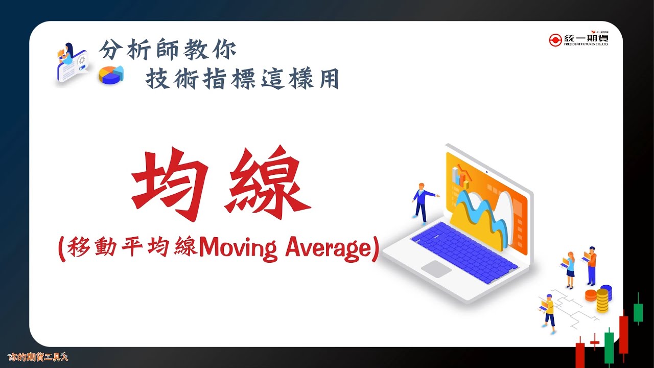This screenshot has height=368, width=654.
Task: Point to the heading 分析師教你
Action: click(168, 50)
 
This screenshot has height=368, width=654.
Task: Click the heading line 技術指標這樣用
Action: click(242, 79)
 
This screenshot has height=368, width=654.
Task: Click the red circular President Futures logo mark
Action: click(555, 40)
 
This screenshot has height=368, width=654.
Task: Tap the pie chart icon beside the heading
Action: click(111, 75)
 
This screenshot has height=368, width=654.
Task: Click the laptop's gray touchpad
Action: click(435, 268)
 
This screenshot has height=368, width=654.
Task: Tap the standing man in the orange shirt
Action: click(591, 265)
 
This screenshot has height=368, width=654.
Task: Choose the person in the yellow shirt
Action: click(549, 312)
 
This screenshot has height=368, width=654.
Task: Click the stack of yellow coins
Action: click(603, 300)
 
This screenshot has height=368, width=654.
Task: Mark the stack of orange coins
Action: click(591, 295)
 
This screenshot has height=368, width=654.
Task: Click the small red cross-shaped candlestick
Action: click(594, 341)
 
